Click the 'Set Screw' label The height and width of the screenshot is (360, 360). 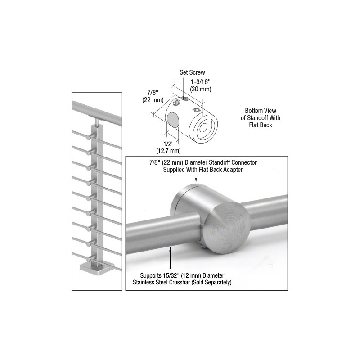click(x=192, y=72)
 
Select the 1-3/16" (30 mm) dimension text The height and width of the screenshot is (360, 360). click(x=201, y=85)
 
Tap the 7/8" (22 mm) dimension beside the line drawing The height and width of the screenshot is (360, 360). click(x=153, y=96)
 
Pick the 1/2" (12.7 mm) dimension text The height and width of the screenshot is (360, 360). click(x=168, y=148)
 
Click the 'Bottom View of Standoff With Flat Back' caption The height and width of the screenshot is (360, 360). click(x=261, y=118)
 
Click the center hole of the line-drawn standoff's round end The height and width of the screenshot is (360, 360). click(x=203, y=128)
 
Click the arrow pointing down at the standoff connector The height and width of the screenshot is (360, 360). click(x=196, y=178)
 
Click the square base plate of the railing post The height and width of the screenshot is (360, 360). click(x=97, y=267)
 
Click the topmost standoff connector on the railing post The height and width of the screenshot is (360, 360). click(x=90, y=137)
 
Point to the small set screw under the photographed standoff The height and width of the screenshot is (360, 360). click(x=202, y=247)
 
